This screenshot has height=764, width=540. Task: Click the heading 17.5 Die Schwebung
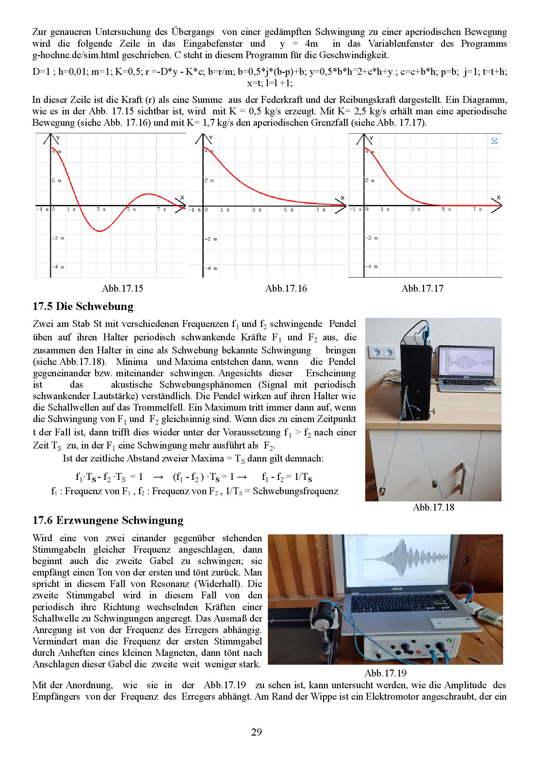pyautogui.click(x=83, y=306)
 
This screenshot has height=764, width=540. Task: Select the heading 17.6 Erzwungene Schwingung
pyautogui.click(x=108, y=520)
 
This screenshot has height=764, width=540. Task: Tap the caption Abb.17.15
pyautogui.click(x=122, y=288)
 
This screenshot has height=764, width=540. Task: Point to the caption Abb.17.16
pyautogui.click(x=286, y=288)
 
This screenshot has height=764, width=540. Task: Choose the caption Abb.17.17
pyautogui.click(x=422, y=288)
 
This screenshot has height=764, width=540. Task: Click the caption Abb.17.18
pyautogui.click(x=433, y=507)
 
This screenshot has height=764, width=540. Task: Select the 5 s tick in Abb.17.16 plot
pyautogui.click(x=288, y=210)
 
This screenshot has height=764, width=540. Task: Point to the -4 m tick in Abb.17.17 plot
pyautogui.click(x=372, y=267)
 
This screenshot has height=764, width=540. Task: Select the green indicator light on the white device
pyautogui.click(x=450, y=640)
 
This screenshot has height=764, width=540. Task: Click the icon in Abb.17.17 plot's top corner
pyautogui.click(x=494, y=141)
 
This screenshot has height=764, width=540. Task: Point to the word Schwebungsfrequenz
pyautogui.click(x=295, y=491)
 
